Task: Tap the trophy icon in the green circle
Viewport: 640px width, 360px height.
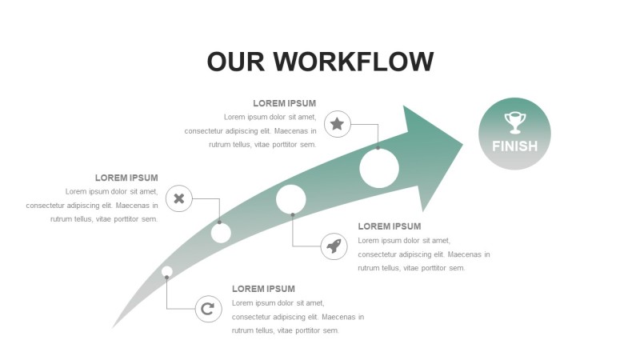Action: [x=514, y=122]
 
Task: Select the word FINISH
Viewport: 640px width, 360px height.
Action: [x=514, y=146]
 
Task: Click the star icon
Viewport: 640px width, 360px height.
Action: [x=338, y=124]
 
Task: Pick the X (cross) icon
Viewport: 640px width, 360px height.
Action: [x=179, y=198]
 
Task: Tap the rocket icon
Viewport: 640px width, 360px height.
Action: [x=334, y=246]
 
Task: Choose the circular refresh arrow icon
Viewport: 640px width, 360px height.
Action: [x=208, y=308]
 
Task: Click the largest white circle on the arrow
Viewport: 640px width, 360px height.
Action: [x=379, y=169]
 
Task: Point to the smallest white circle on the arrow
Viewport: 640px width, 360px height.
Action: [x=166, y=271]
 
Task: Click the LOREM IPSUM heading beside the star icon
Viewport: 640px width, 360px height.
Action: [x=284, y=103]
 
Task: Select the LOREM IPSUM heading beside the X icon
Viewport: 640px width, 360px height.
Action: [x=126, y=178]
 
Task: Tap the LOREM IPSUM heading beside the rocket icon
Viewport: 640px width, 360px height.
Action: [x=389, y=226]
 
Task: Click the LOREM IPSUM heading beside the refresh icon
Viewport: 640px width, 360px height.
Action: [x=263, y=289]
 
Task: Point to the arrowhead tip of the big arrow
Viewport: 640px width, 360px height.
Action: [x=462, y=144]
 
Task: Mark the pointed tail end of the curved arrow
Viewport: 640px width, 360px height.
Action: [x=113, y=327]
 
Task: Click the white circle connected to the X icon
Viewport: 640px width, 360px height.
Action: [x=221, y=233]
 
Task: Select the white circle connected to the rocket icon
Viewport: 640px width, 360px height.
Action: [x=291, y=199]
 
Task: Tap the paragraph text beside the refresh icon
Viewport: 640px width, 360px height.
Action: [x=298, y=317]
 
